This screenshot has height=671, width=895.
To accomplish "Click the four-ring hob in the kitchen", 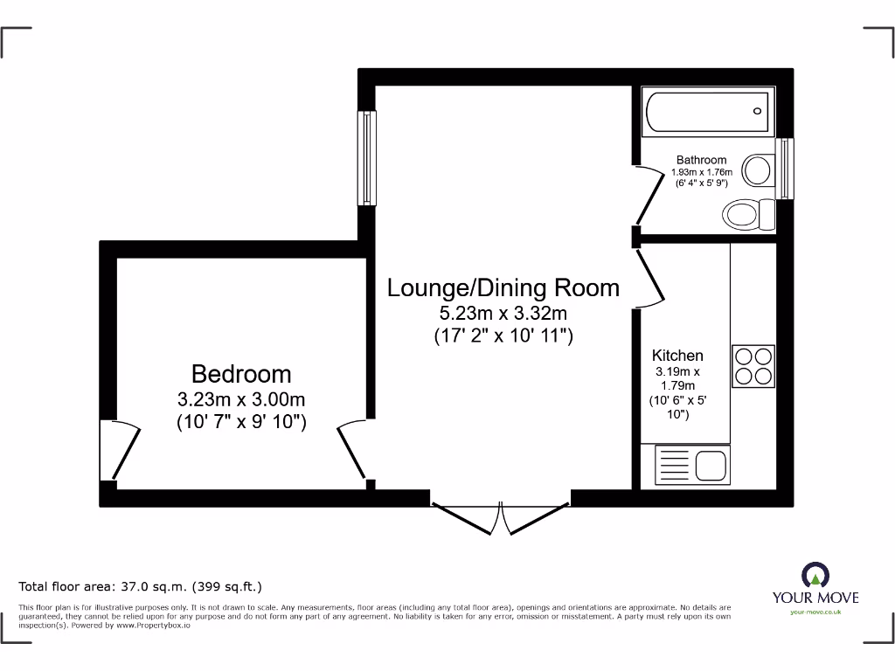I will pyautogui.click(x=753, y=366).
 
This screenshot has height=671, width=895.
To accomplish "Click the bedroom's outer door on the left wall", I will pyautogui.click(x=121, y=450).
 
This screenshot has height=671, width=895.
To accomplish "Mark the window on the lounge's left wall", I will pyautogui.click(x=368, y=158).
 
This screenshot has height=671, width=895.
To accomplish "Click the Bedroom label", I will pyautogui.click(x=241, y=374).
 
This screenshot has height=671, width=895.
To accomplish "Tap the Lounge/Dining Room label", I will pyautogui.click(x=503, y=287).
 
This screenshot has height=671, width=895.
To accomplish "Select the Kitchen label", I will pyautogui.click(x=677, y=356).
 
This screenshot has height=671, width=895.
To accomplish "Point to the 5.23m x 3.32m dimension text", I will pyautogui.click(x=503, y=313).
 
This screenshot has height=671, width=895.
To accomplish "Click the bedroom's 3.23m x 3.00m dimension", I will pyautogui.click(x=241, y=400).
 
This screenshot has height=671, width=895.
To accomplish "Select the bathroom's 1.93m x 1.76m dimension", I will pyautogui.click(x=701, y=172).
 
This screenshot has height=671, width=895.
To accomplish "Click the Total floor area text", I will pyautogui.click(x=141, y=587).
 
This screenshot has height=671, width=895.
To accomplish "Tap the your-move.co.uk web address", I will pyautogui.click(x=815, y=612).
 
